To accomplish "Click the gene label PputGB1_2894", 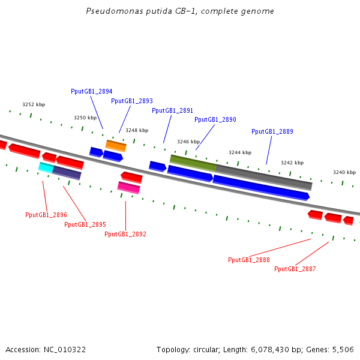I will point(91,91).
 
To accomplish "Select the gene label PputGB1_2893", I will point(131,101).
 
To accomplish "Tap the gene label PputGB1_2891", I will point(172,110).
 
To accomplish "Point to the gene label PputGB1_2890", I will point(215,119).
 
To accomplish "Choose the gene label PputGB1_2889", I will point(272,131).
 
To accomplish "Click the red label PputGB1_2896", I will point(46,215).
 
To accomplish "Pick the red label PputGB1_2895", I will point(85,224).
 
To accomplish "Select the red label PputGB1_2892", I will point(125,234).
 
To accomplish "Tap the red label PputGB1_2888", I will point(248,260).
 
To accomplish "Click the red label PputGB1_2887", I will point(295,269).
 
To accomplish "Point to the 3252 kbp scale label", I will point(34,104).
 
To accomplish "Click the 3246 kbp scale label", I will point(188,142).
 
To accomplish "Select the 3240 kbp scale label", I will point(344,172).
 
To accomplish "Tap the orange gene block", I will point(116,145).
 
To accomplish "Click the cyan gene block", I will point(46,167).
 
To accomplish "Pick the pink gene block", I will point(128,188).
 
